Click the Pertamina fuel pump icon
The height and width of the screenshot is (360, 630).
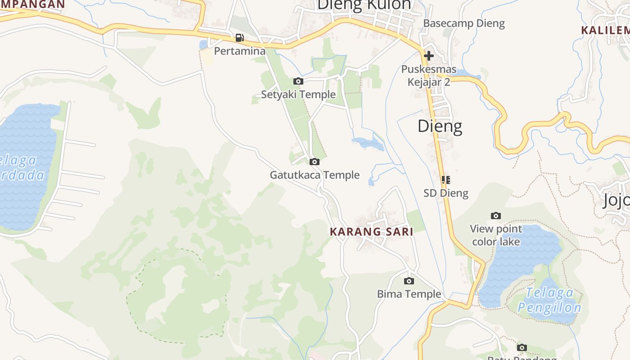tap(240, 38)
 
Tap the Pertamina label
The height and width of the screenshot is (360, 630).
tap(240, 51)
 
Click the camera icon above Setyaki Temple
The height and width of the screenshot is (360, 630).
tap(298, 81)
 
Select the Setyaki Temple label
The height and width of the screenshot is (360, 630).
tap(298, 94)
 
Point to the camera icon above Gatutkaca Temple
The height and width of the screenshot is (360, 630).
tap(315, 162)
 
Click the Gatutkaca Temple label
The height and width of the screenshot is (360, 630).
tap(315, 175)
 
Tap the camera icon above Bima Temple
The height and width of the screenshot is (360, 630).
tap(409, 281)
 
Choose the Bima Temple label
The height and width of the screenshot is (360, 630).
tap(409, 294)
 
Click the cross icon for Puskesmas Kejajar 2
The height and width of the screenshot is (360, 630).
tap(428, 56)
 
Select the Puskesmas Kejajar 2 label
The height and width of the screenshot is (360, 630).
tap(429, 76)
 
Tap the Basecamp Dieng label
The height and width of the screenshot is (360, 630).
tap(464, 23)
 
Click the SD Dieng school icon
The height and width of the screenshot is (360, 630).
tap(446, 180)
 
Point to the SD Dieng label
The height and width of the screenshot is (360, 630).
tap(446, 193)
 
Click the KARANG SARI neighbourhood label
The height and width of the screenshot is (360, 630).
tap(371, 232)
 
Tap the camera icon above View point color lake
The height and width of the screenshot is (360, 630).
tap(496, 216)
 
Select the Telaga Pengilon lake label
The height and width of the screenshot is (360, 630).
tap(549, 300)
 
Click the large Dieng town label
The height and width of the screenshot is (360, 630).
tap(440, 126)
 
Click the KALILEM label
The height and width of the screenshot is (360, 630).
tap(605, 31)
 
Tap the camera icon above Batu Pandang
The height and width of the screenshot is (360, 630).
tap(522, 348)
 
